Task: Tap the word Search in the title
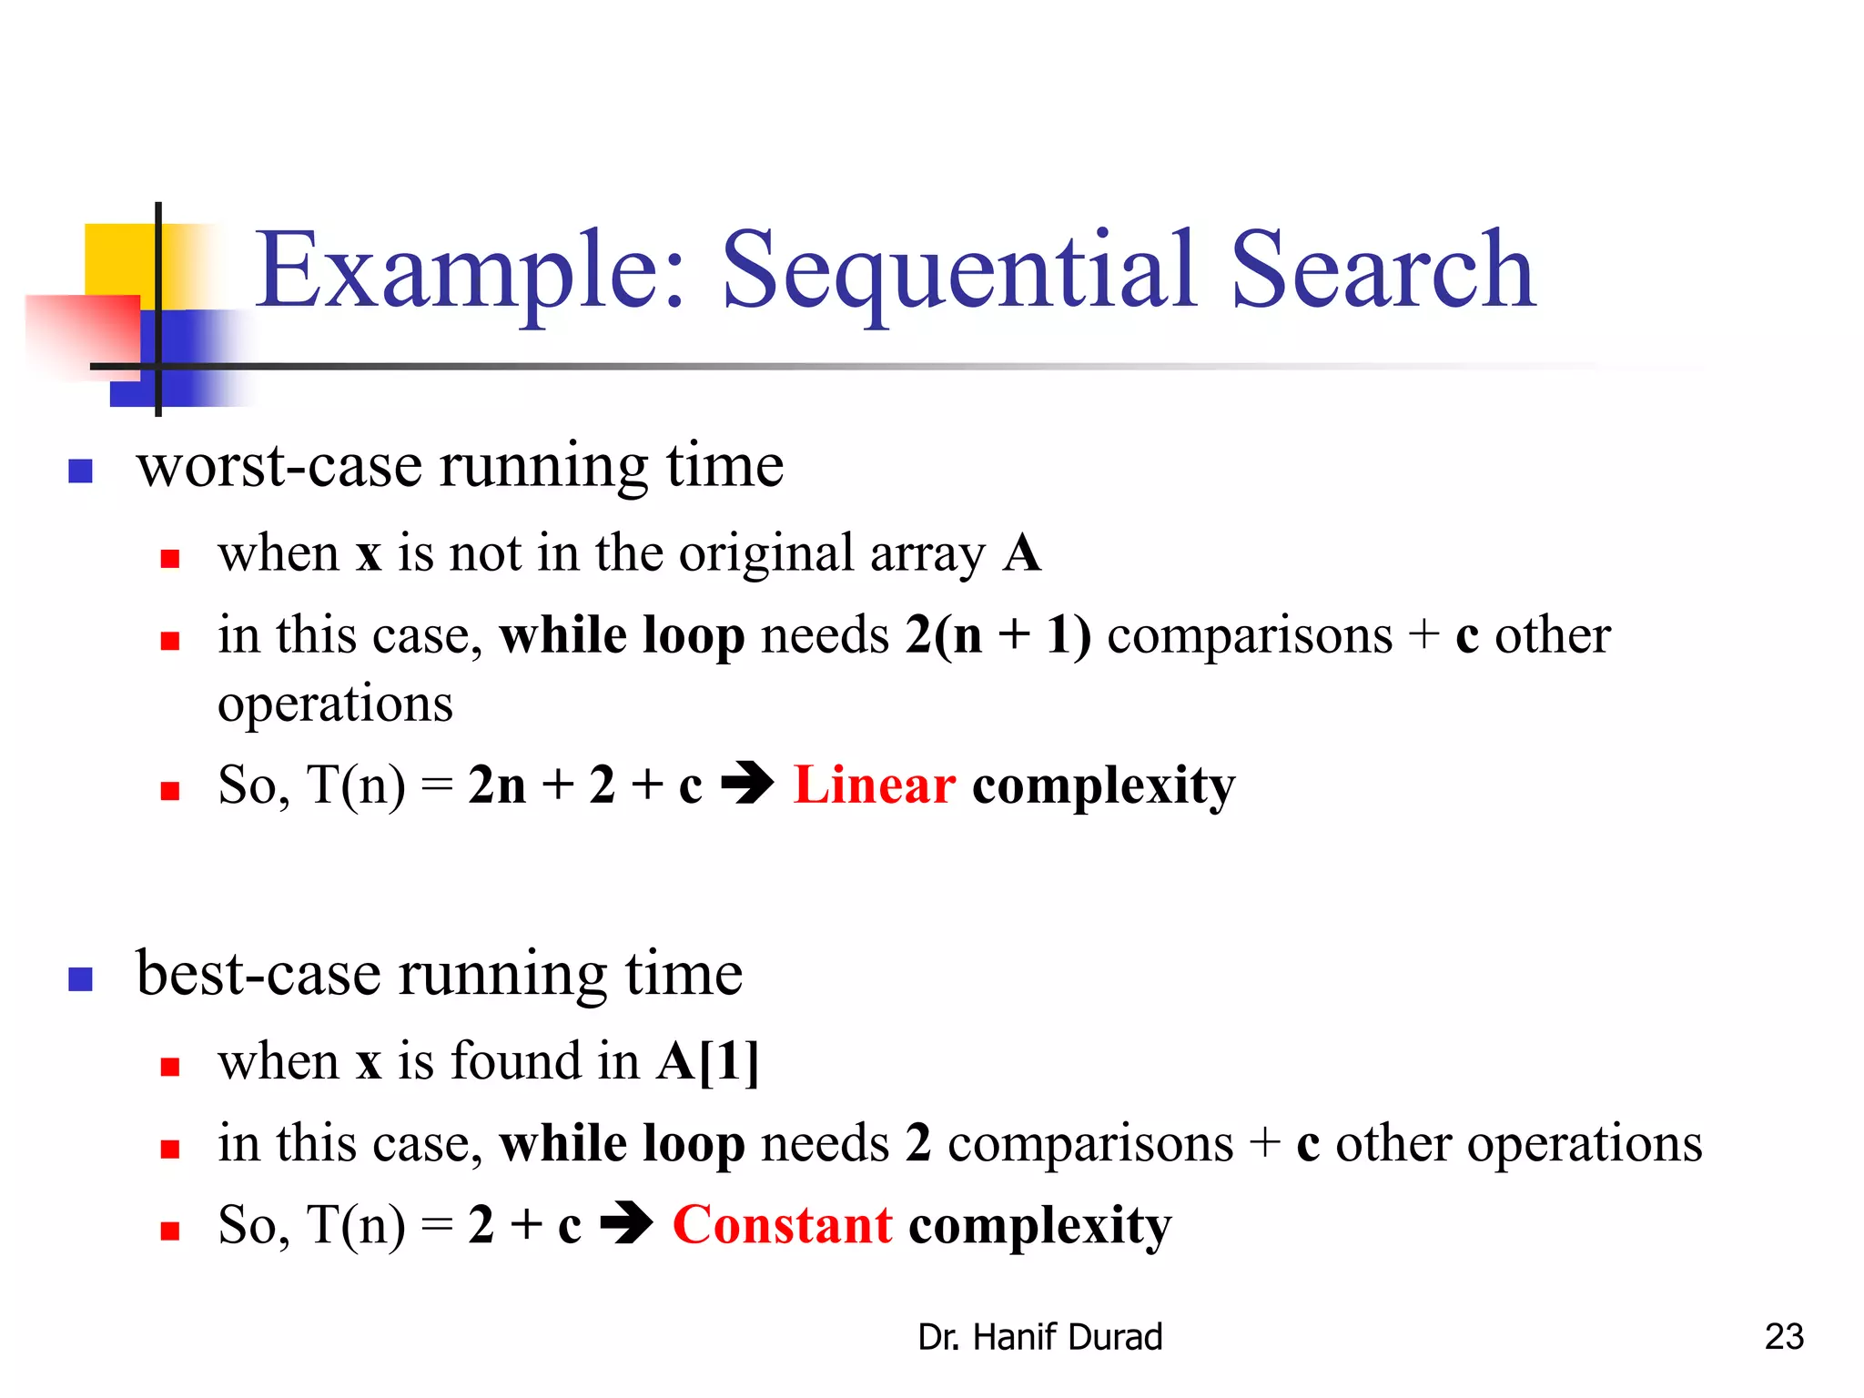click(1383, 270)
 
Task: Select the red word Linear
click(874, 785)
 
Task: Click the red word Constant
click(782, 1225)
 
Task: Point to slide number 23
click(1783, 1337)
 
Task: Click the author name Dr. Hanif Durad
click(1039, 1337)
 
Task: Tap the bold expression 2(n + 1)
click(998, 635)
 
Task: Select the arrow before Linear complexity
click(747, 784)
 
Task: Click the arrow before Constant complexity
click(626, 1224)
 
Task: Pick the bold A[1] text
click(707, 1061)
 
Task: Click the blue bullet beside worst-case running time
click(81, 471)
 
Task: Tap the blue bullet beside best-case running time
click(81, 979)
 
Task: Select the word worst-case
click(279, 466)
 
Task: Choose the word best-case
click(258, 974)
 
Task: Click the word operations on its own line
click(335, 704)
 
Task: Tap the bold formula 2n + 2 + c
click(585, 785)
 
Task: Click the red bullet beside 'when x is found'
click(169, 1067)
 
